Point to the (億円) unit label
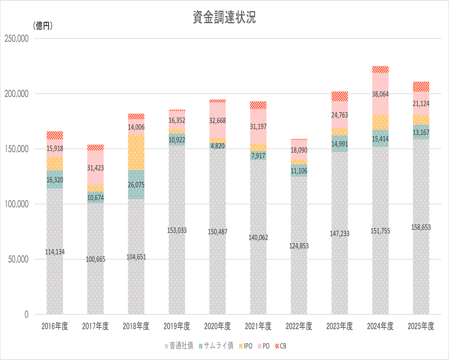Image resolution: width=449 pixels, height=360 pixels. [x=43, y=26]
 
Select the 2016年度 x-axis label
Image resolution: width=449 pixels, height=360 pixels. [x=55, y=326]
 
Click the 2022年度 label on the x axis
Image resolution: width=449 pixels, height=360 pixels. [x=299, y=326]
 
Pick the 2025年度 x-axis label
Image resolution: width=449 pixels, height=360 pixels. [x=421, y=326]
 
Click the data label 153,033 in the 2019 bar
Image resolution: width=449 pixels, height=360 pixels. [x=177, y=230]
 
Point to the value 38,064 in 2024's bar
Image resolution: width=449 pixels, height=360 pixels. [x=380, y=94]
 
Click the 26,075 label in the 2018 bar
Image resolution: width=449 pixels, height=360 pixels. [x=136, y=184]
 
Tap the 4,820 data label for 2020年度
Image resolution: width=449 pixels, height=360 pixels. [x=218, y=145]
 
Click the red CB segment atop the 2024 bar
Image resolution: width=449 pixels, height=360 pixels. [x=380, y=69]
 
